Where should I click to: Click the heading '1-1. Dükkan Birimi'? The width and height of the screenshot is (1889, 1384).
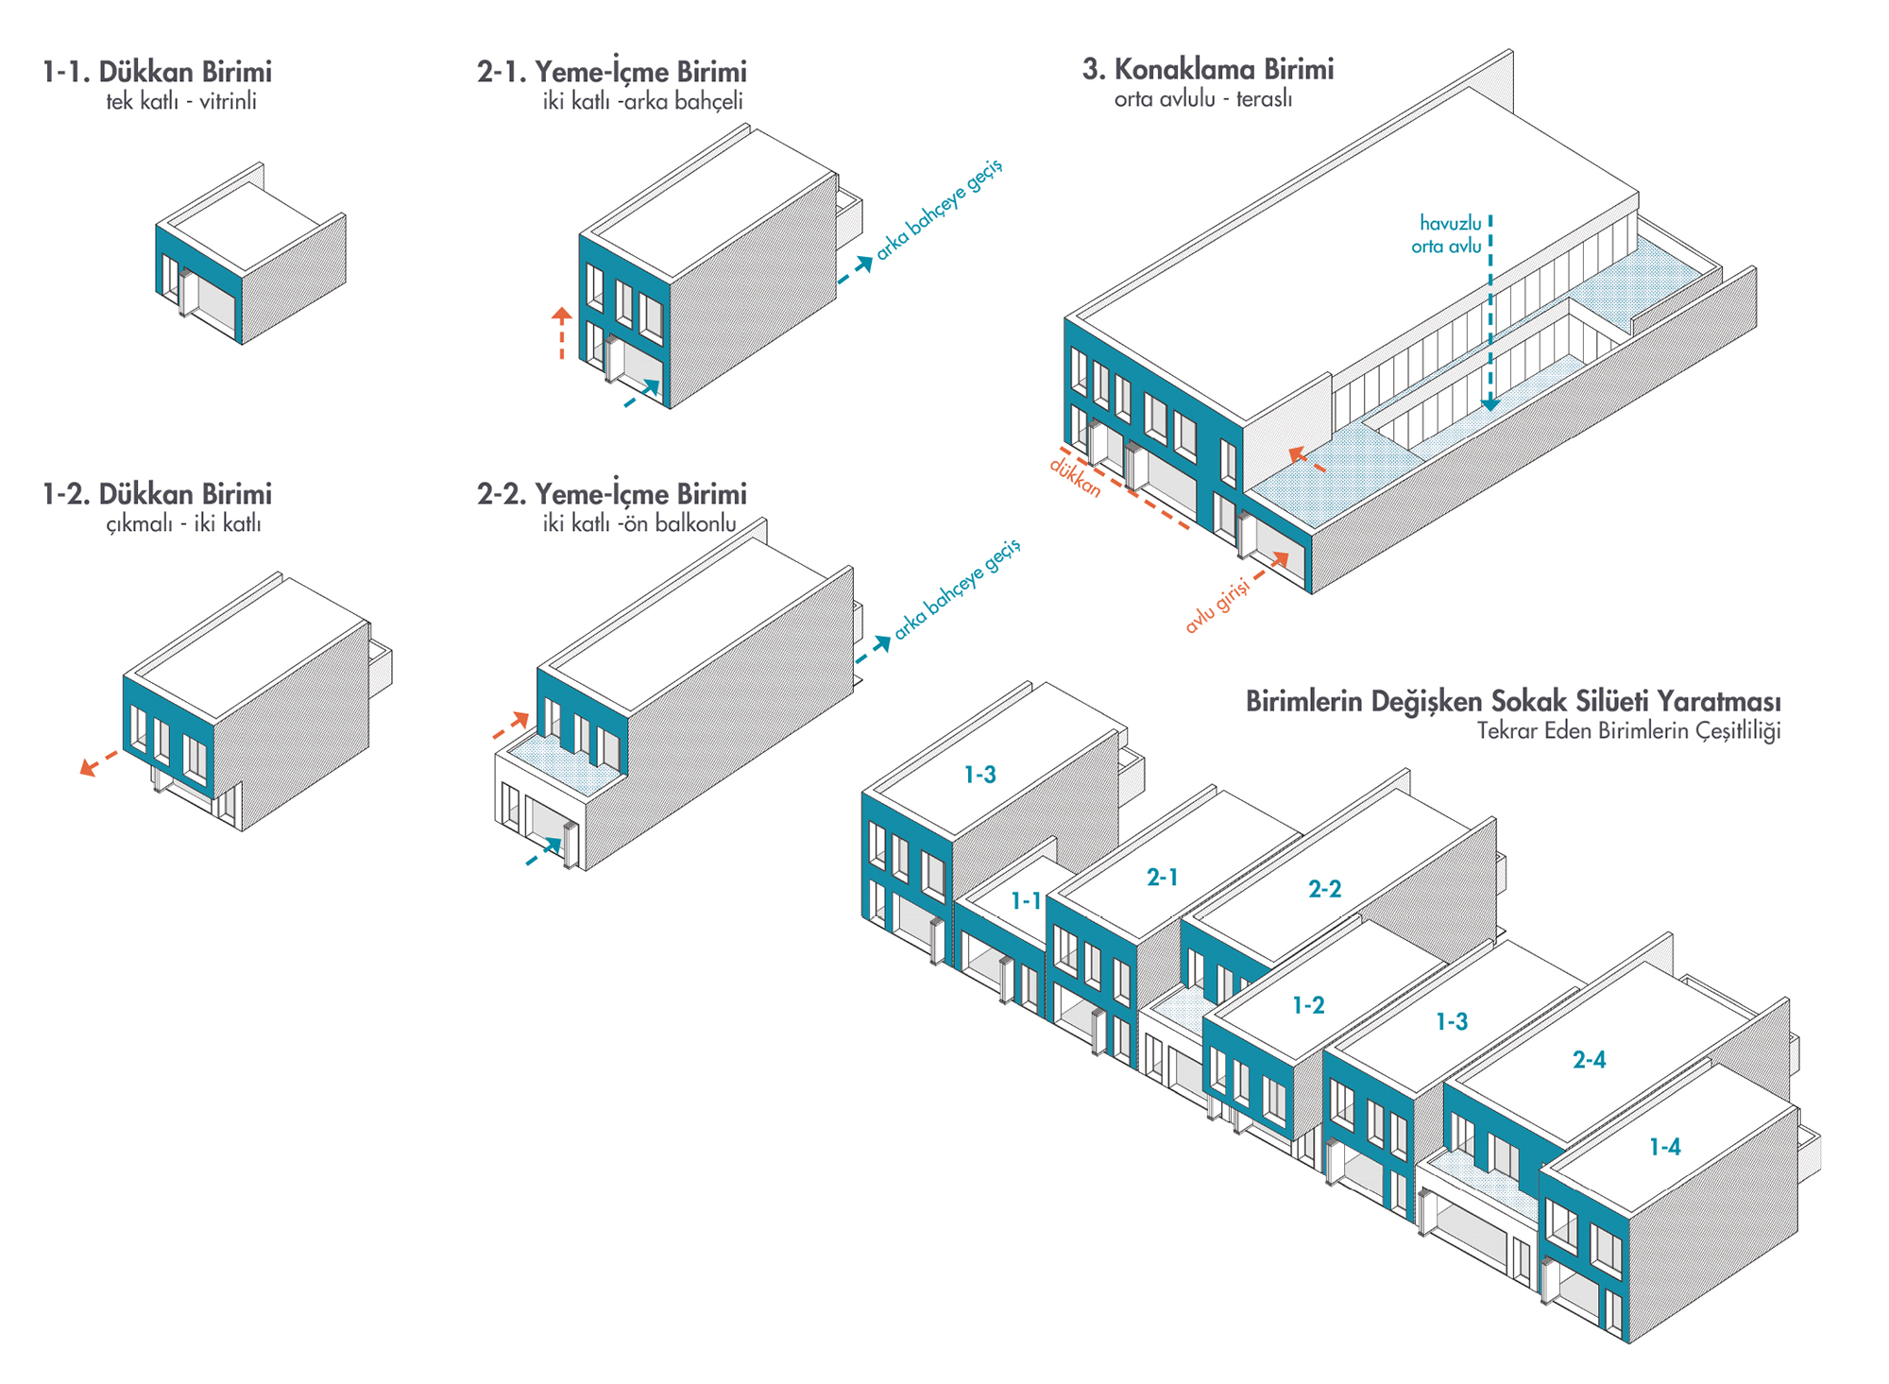(157, 72)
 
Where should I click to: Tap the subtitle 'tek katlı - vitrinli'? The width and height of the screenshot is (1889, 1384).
(180, 101)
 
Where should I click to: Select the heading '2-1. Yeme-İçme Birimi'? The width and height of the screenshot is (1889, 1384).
(611, 72)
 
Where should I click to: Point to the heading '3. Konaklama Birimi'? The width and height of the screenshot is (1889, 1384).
(1207, 69)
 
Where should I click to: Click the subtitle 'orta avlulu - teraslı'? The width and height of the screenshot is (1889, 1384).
(1202, 98)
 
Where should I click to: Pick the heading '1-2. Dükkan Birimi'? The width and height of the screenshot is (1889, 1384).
(157, 494)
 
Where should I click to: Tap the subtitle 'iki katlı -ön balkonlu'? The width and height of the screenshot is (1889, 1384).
(638, 523)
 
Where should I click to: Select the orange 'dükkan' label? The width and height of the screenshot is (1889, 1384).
(1076, 477)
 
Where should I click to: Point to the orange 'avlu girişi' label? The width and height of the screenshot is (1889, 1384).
(1217, 605)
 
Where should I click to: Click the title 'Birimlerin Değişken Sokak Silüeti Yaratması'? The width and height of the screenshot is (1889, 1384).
(1512, 701)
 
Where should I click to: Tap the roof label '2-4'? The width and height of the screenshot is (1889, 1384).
(1589, 1060)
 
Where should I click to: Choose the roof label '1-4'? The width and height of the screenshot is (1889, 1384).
(1664, 1147)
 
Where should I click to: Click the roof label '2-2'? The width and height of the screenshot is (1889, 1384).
(1324, 889)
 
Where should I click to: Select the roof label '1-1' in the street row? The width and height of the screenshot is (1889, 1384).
(1025, 901)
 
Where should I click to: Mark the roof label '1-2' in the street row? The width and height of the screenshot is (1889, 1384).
(1308, 1005)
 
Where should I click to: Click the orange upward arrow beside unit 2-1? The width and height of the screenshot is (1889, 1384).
(562, 333)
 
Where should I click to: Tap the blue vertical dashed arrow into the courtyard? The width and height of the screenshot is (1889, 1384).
(1490, 312)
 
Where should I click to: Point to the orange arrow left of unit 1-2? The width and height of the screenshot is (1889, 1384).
(98, 762)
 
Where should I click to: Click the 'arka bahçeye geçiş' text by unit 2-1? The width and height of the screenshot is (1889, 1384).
(939, 210)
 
